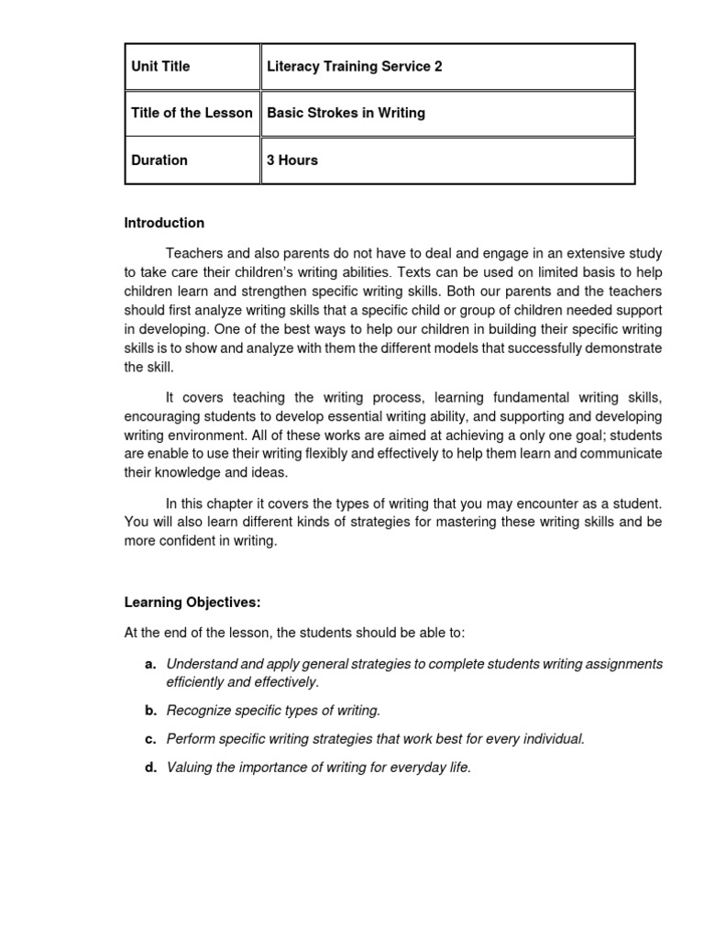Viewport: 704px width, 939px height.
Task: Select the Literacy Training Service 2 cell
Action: pos(354,67)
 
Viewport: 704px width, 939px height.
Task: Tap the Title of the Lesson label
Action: pos(192,114)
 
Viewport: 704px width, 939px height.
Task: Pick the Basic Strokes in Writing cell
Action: pos(346,114)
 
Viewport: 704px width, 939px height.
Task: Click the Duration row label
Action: pos(159,160)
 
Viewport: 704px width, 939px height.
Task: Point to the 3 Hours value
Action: pos(292,160)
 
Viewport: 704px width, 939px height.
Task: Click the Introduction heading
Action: pos(164,223)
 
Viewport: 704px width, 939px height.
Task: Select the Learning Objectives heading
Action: pos(192,602)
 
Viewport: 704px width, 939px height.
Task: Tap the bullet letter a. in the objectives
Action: pos(150,664)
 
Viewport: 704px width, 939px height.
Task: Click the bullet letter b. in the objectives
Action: pos(150,711)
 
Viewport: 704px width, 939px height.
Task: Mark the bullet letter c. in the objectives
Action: pos(150,739)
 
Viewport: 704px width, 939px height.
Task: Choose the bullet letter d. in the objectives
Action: pos(150,768)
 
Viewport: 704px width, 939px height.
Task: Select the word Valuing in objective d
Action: pos(189,768)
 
